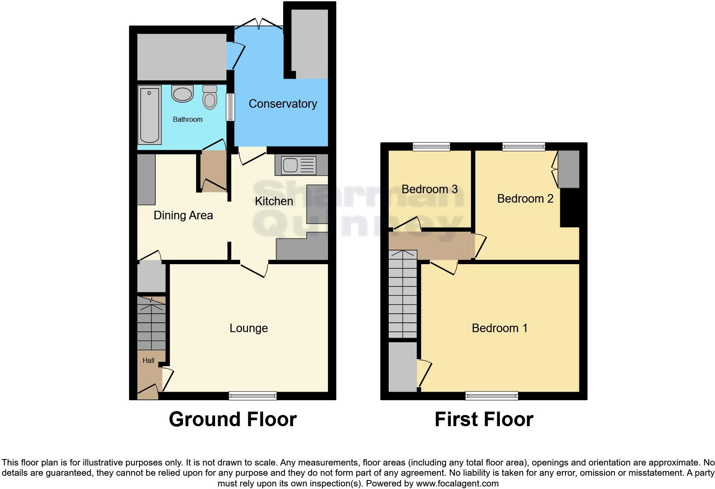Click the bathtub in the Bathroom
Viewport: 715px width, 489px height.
point(149,115)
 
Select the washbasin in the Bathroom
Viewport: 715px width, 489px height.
point(183,94)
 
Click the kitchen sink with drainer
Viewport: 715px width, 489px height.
point(298,165)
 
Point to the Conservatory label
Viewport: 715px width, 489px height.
point(283,104)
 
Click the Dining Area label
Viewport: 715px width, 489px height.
point(183,215)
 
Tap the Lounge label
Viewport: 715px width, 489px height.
point(248,328)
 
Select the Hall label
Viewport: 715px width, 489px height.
point(148,361)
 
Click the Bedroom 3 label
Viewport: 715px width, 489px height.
point(429,189)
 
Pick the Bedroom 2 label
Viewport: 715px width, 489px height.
point(525,199)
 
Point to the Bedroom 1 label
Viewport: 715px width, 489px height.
point(499,328)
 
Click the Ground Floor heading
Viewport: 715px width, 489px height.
point(233,419)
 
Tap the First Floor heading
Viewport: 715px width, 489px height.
point(484,419)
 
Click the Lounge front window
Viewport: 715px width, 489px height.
point(252,396)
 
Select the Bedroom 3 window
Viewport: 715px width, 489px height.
point(431,147)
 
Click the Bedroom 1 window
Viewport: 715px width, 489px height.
point(491,396)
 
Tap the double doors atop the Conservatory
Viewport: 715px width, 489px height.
point(259,24)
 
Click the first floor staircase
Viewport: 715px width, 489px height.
point(402,294)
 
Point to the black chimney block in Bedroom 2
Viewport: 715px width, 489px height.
point(570,208)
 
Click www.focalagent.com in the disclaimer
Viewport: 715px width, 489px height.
point(457,484)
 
